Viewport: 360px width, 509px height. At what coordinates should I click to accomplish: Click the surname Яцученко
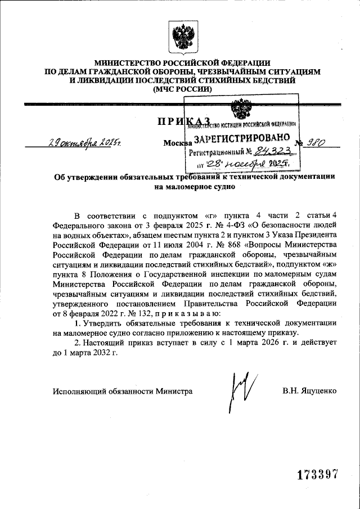coord(318,390)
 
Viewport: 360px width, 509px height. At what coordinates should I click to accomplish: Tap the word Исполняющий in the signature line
coord(77,390)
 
